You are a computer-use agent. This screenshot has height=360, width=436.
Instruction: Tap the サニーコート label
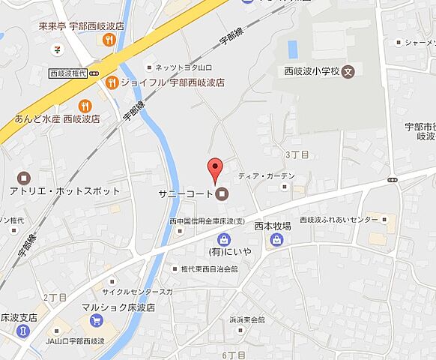(184, 194)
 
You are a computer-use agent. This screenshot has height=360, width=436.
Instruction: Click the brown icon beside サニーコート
(222, 194)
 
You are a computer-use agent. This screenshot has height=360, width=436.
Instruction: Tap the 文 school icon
(349, 72)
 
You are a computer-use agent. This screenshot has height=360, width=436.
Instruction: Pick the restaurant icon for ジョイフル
(112, 82)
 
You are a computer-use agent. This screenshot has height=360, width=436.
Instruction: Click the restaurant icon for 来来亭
(109, 40)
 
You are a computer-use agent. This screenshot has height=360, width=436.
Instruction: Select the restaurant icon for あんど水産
(85, 106)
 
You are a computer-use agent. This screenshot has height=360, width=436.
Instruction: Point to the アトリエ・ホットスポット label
(65, 191)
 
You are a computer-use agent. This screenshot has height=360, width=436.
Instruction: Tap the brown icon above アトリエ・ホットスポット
(23, 178)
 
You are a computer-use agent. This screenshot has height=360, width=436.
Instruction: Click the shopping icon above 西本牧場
(277, 240)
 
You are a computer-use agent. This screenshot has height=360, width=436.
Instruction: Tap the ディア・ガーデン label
(267, 176)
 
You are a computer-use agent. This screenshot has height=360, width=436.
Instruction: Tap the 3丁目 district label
(297, 154)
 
